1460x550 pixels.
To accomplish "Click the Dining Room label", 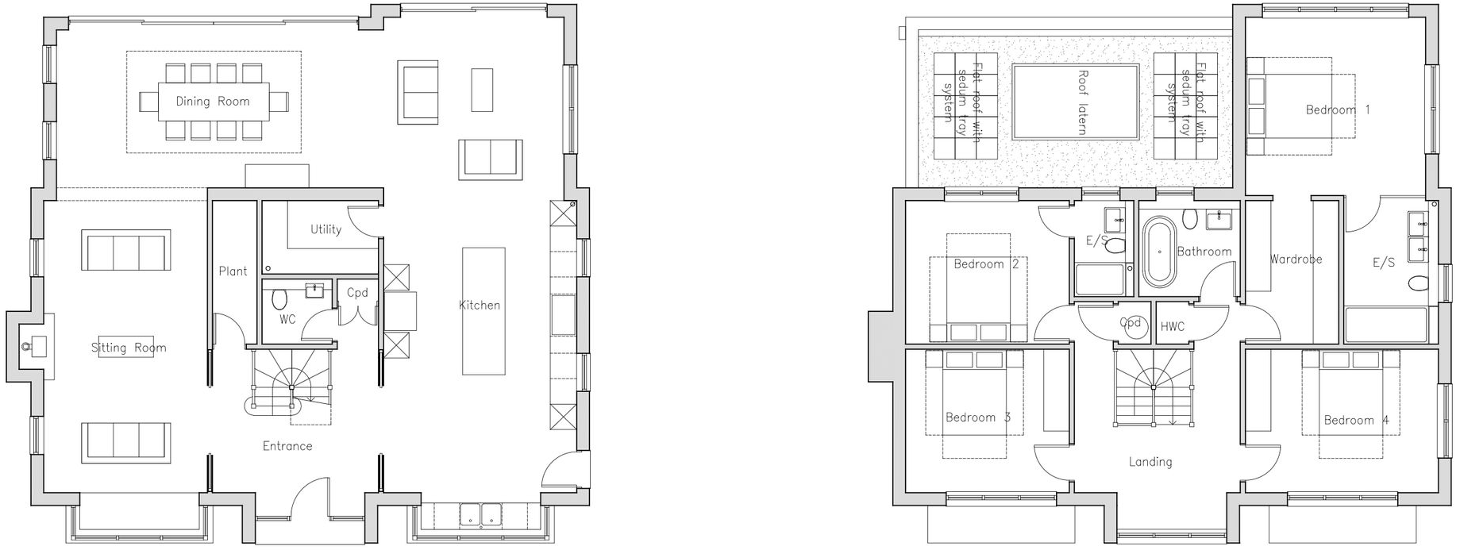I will (x=213, y=102).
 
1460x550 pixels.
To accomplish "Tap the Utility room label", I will (x=326, y=229).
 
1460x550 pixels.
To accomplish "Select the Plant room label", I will (x=233, y=271).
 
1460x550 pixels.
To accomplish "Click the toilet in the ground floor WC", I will (x=279, y=299).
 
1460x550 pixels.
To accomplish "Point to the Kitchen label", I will (x=480, y=305).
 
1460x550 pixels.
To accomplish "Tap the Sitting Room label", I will (x=129, y=348).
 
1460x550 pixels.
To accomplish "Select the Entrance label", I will (x=287, y=446).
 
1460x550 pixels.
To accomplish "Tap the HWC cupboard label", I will (x=1173, y=326).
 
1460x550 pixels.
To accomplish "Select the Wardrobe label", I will (x=1296, y=260).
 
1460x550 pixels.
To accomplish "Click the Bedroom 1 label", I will (x=1338, y=110).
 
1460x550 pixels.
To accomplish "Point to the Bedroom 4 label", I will (x=1356, y=421).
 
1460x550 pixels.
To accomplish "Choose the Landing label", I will (x=1150, y=462).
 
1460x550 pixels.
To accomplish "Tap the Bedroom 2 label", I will (x=986, y=264).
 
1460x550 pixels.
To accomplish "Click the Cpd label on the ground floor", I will (x=357, y=293).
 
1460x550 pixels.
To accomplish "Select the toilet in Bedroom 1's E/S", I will (x=1418, y=283).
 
